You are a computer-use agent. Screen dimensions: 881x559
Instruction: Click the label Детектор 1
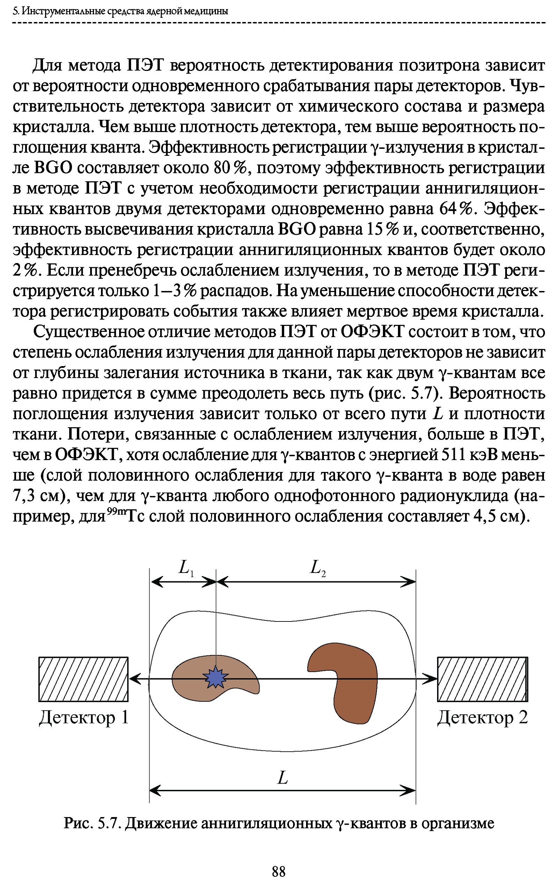click(x=84, y=718)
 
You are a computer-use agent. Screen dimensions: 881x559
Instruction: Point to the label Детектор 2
click(x=482, y=718)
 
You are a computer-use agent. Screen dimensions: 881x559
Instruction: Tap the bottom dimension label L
click(x=282, y=778)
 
